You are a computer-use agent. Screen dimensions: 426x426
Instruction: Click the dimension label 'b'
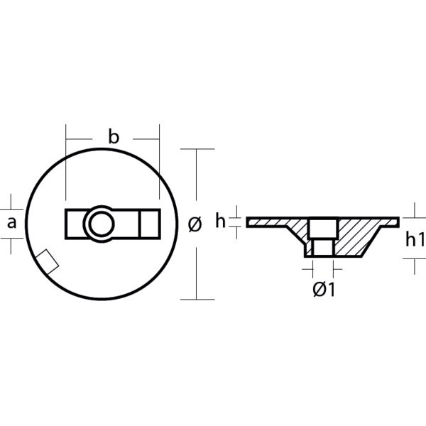(113, 137)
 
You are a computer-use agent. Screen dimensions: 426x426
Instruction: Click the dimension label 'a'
(11, 223)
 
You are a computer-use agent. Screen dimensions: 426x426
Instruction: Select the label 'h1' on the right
(415, 240)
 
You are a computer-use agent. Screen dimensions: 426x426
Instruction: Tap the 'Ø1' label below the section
(324, 289)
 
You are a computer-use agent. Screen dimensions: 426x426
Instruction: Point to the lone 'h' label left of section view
(220, 222)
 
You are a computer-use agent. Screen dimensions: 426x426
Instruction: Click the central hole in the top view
(98, 224)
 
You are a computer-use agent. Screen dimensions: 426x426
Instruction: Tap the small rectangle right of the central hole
(149, 224)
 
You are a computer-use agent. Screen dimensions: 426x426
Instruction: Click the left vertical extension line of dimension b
(65, 163)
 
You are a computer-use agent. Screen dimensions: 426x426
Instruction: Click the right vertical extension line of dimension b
(160, 163)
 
